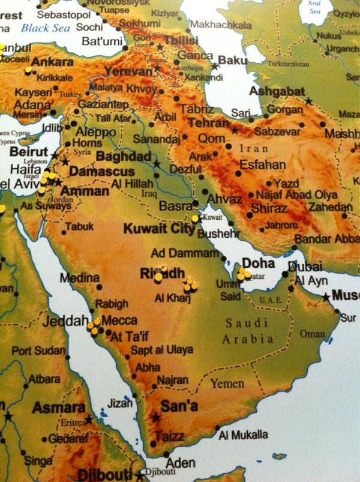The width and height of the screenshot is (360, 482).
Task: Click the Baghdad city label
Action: [123, 157]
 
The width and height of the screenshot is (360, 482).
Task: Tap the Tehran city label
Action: [208, 123]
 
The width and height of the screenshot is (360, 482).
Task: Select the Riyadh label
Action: [162, 274]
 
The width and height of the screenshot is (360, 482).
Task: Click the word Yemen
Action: [227, 384]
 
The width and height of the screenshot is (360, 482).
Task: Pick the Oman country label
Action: [312, 334]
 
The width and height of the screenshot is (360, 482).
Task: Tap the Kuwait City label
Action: [158, 228]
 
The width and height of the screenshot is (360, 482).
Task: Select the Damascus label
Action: [101, 172]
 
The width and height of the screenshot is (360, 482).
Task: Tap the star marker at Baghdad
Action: [157, 163]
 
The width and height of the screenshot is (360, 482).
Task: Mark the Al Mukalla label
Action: [244, 435]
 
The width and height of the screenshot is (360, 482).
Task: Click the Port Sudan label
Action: [39, 351]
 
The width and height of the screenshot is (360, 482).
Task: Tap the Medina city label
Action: [79, 278]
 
